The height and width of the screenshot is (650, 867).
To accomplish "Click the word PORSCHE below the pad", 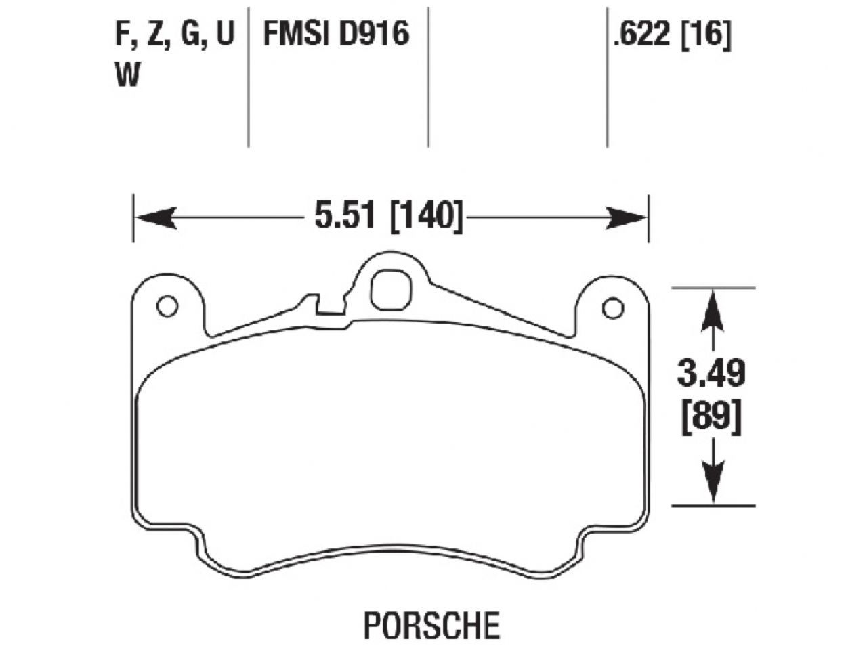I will coord(431,625).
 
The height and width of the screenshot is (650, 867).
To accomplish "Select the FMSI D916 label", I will coord(336,33).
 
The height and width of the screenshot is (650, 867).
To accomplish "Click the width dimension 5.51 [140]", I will coord(388,217).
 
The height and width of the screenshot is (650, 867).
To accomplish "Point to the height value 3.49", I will coord(711,374).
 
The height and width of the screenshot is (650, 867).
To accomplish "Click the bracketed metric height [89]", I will coord(711,417).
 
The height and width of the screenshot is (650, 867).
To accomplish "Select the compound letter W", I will coord(127,76).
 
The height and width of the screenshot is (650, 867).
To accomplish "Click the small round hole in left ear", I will coord(167,306).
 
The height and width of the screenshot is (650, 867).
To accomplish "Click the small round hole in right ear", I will coord(612,308).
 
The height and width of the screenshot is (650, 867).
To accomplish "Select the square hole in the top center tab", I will coord(392,290).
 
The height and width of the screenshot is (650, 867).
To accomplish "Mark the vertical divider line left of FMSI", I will coord(248,74).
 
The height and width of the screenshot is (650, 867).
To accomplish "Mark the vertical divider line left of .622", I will coord(606,74).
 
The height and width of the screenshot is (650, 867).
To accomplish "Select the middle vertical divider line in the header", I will coord(428,74).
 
